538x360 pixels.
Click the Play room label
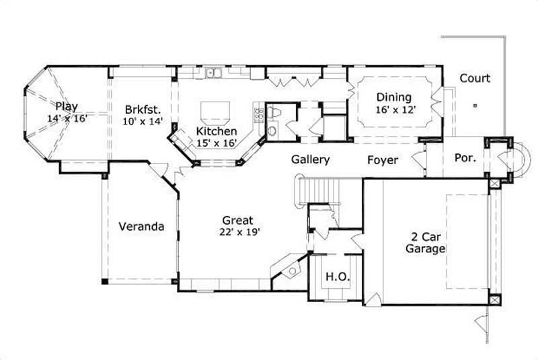67,106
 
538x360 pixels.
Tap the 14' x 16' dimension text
67,118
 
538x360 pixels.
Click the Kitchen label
216,131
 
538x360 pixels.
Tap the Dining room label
393,97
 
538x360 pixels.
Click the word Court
475,78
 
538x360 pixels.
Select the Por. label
465,160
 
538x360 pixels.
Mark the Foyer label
383,160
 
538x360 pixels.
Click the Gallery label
310,160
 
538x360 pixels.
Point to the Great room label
238,220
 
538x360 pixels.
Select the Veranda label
141,226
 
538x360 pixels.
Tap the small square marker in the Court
475,106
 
